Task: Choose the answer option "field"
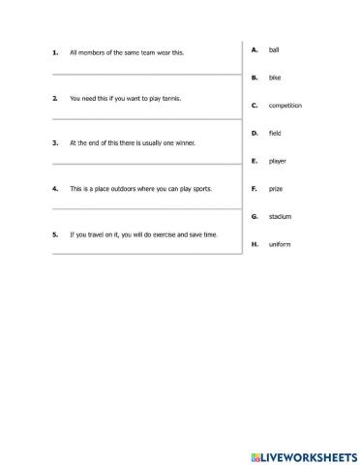pos(275,132)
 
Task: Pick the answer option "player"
pos(277,160)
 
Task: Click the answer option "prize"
pos(275,188)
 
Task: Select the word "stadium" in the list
pos(280,216)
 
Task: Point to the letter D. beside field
pos(254,132)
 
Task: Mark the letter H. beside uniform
pos(254,244)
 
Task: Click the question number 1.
pos(55,53)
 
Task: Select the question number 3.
pos(55,142)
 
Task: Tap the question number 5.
pos(55,233)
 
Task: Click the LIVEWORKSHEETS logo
pos(300,452)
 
